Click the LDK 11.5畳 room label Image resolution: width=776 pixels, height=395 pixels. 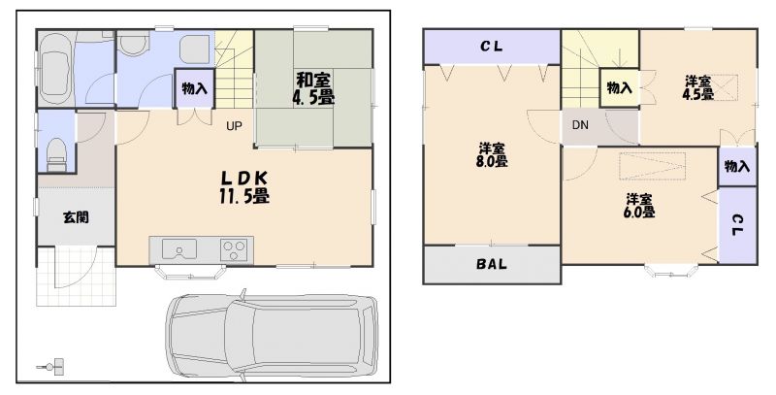244,186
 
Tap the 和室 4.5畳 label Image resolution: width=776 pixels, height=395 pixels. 312,88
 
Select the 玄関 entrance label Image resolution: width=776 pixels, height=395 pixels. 77,216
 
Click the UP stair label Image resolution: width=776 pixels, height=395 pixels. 234,126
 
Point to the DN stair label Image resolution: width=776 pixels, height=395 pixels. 580,125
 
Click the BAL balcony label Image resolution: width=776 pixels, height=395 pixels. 492,264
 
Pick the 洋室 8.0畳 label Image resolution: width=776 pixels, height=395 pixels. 492,154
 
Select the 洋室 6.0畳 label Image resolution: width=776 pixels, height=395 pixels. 640,206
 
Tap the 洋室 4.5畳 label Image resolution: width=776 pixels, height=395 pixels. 698,87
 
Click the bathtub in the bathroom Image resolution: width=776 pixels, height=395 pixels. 55,69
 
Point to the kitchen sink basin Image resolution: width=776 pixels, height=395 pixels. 179,249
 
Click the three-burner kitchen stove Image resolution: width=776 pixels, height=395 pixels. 234,249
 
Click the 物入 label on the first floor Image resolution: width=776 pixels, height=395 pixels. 194,89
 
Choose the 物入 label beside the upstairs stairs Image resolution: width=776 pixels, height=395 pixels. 620,88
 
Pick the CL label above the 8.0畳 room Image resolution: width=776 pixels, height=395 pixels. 492,47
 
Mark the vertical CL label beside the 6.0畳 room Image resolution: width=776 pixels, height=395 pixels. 737,225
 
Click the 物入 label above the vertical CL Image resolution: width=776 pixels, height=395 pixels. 737,166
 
